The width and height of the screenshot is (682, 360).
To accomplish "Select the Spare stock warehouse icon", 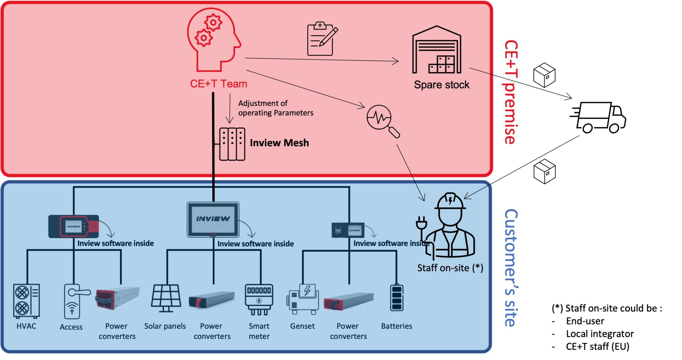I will (437, 50).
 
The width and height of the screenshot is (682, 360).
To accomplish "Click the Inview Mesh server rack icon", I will (232, 144).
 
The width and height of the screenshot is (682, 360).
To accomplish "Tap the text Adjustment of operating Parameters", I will (275, 108).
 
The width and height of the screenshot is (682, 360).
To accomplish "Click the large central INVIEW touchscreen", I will (213, 219).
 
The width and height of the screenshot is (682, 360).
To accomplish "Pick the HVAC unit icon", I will (26, 301).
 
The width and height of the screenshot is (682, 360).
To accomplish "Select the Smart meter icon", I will (259, 299).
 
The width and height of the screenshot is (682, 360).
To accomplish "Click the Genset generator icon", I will (303, 299).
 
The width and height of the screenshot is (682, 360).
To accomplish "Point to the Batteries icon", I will (396, 298).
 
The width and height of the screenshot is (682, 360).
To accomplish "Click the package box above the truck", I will (544, 75).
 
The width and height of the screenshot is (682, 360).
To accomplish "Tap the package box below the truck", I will (544, 172).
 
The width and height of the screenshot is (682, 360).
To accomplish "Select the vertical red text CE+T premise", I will (511, 92).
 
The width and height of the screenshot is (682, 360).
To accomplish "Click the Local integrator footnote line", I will (599, 334).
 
